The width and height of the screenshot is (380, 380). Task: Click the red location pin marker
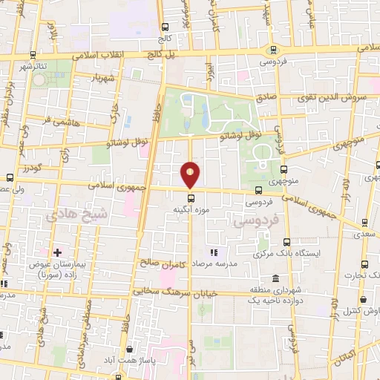pos(191,174)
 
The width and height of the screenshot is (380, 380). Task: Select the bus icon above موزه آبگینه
pos(191,198)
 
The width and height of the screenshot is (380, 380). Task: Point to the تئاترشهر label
pos(33,66)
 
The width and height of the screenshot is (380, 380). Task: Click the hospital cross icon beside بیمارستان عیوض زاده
pos(56,253)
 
